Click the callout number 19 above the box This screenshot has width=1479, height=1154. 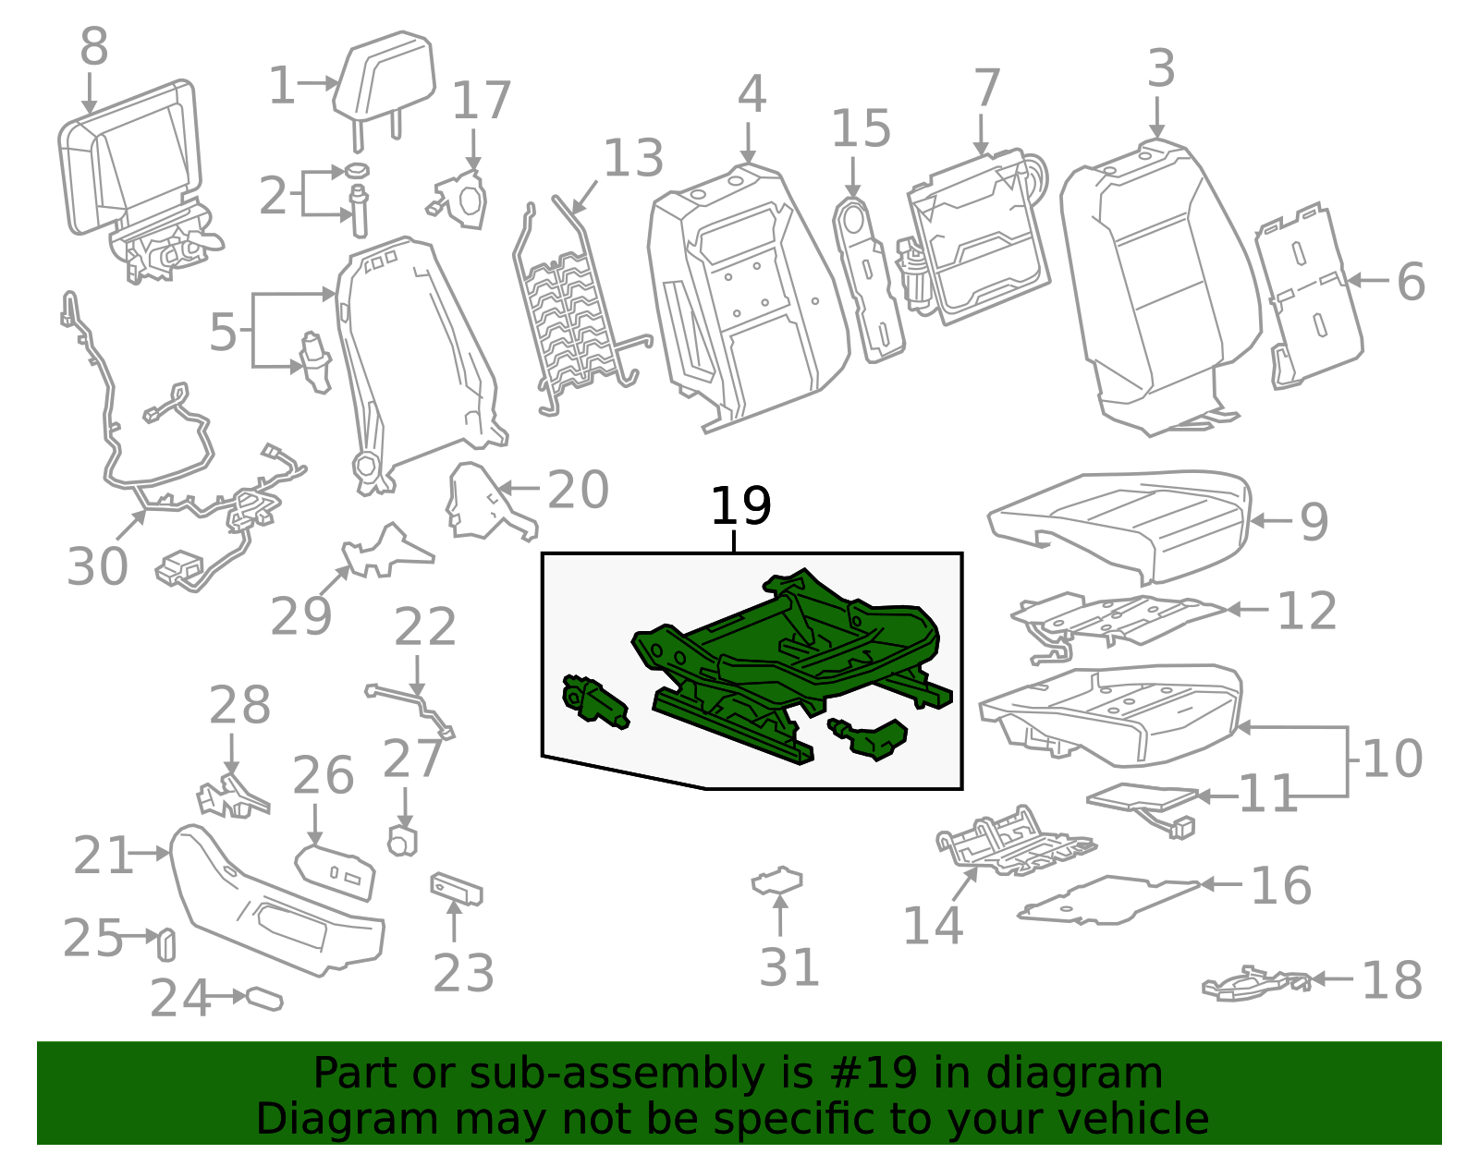coord(740,506)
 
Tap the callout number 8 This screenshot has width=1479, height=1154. coord(93,46)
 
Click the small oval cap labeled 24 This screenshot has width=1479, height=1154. coord(263,1000)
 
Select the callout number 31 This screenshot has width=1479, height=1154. coord(789,967)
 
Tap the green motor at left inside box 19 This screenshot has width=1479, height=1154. coord(593,702)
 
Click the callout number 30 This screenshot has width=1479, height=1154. coord(97,566)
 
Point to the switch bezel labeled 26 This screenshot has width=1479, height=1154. coord(336,869)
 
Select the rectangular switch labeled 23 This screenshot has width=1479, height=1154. coord(457,889)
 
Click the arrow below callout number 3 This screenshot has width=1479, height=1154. coord(1157,121)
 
